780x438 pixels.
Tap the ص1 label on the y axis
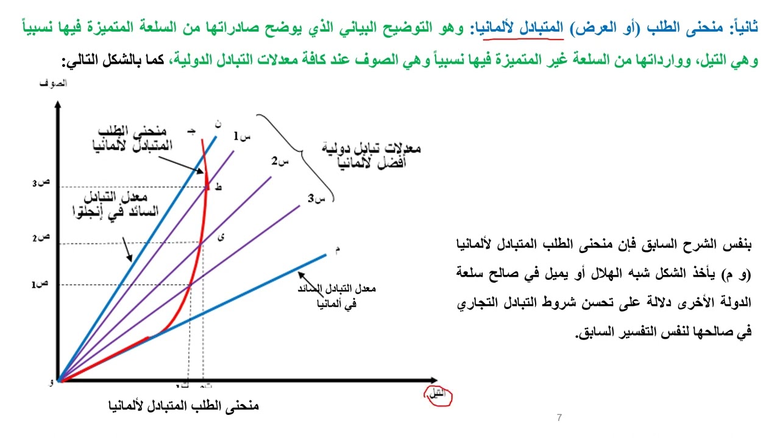pyautogui.click(x=40, y=285)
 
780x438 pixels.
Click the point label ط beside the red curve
pyautogui.click(x=219, y=188)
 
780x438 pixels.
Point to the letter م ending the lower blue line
pyautogui.click(x=337, y=249)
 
